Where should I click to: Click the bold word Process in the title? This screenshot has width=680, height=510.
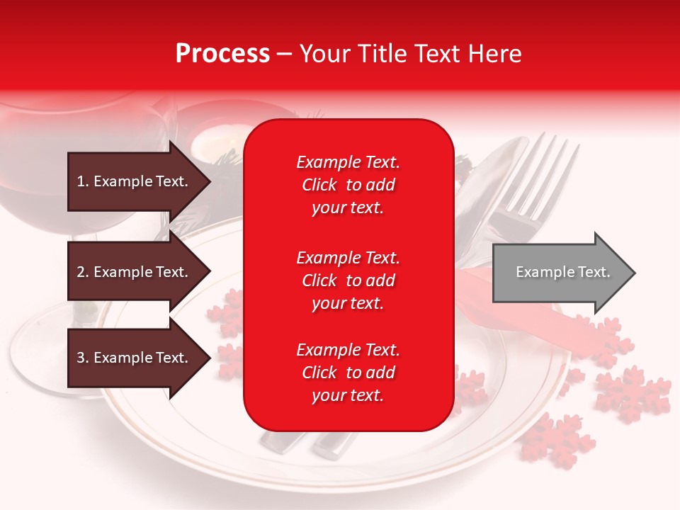point(222,54)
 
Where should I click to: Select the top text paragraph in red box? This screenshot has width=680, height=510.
point(348,185)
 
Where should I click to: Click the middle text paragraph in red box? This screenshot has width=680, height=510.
point(348,280)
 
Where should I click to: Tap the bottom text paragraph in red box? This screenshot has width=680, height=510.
point(348,373)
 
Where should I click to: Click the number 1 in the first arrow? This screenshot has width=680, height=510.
point(80,181)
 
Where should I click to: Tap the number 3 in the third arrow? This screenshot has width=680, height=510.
point(81,358)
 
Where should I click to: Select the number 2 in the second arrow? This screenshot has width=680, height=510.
point(81,272)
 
